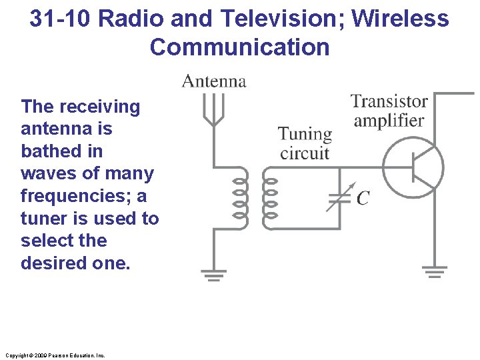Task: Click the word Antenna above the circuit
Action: click(x=214, y=81)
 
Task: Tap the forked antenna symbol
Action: click(x=213, y=110)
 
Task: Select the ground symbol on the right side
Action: click(x=434, y=271)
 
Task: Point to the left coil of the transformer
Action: click(x=240, y=198)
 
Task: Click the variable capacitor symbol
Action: click(x=339, y=197)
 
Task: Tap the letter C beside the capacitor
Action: click(x=363, y=198)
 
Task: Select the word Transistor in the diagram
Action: click(x=389, y=101)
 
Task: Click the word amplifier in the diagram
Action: click(x=389, y=121)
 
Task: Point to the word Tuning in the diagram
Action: click(x=305, y=134)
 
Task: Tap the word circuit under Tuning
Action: click(x=305, y=153)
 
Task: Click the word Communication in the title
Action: click(x=240, y=47)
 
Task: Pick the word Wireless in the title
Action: click(x=400, y=19)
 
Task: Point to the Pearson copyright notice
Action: click(x=53, y=355)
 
